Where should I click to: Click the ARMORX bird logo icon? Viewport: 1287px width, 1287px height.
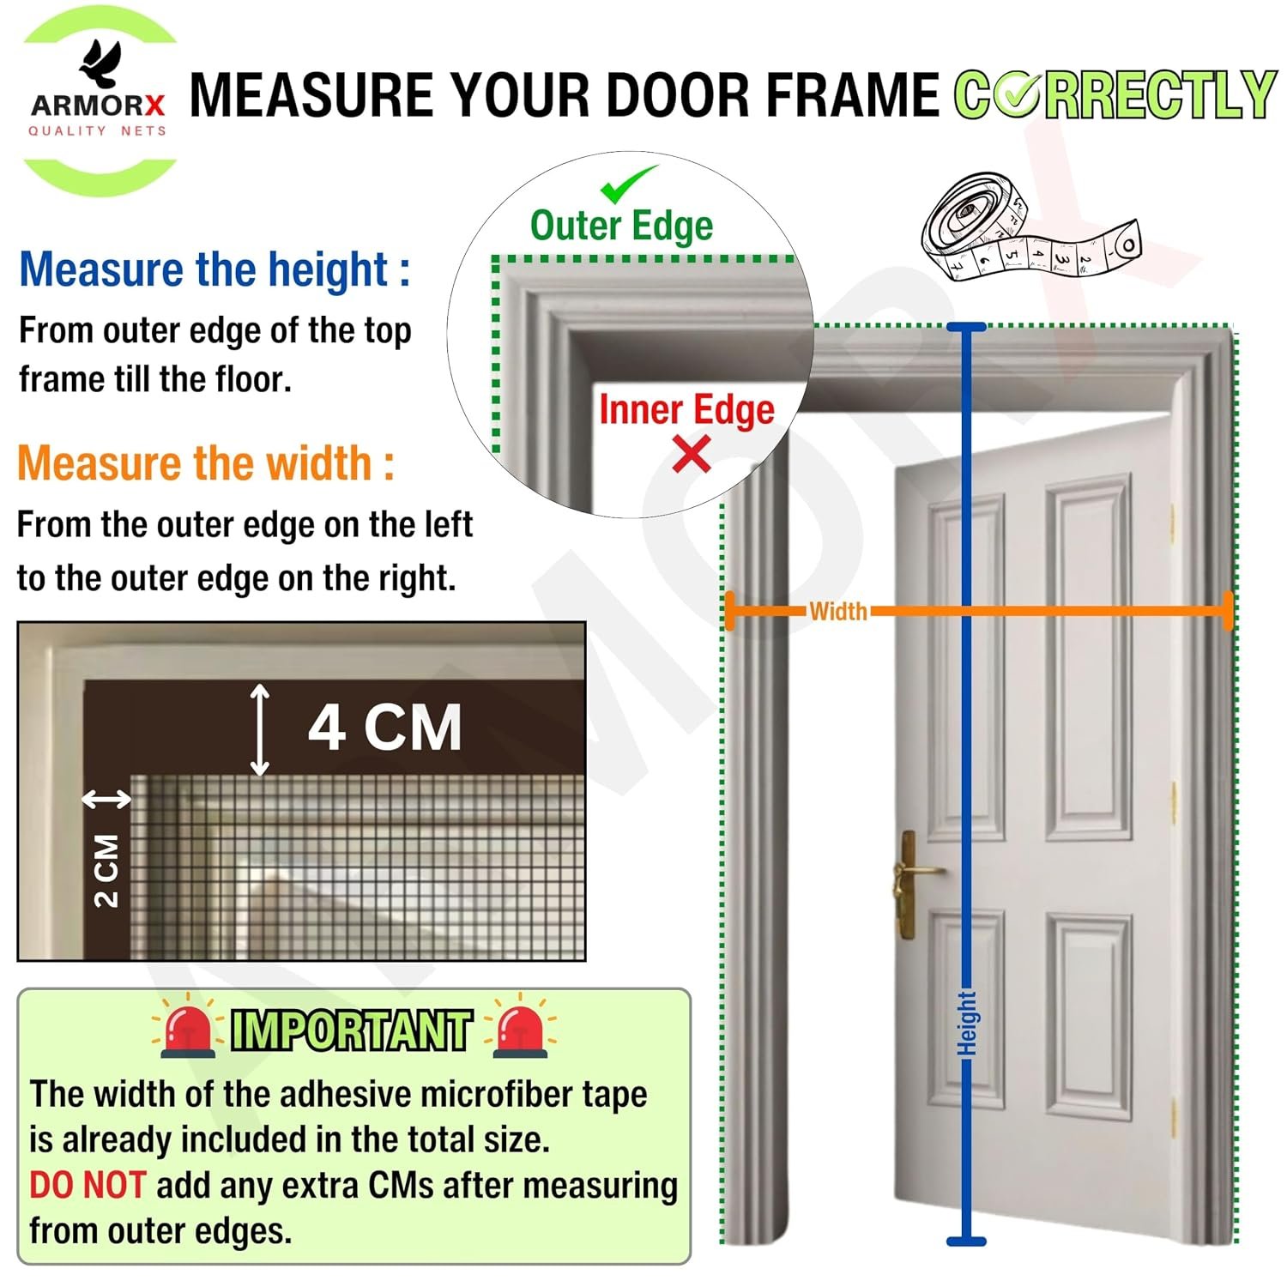coord(100,63)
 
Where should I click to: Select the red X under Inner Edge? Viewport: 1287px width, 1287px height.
coord(692,454)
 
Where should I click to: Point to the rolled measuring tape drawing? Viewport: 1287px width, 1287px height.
coord(1030,227)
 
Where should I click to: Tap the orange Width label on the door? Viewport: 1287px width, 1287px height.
coord(837,612)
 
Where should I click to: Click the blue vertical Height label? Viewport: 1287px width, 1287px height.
coord(967,1023)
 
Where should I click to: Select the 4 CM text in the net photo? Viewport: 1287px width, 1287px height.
coord(385,728)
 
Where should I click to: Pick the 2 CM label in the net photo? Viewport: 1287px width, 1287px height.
coord(106,870)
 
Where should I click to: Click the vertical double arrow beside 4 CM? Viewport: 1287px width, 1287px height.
coord(259,730)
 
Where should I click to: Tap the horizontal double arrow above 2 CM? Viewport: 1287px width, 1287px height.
coord(106,800)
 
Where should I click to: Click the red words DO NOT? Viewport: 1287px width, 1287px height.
coord(88,1185)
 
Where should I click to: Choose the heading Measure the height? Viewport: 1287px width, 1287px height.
coord(214,269)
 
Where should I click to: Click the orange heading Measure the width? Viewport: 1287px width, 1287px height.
coord(206,463)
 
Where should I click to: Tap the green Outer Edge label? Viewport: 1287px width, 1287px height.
coord(621,227)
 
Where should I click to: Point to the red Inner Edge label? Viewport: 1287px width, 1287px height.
coord(686,410)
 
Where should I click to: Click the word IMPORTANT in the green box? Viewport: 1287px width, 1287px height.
coord(352,1030)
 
